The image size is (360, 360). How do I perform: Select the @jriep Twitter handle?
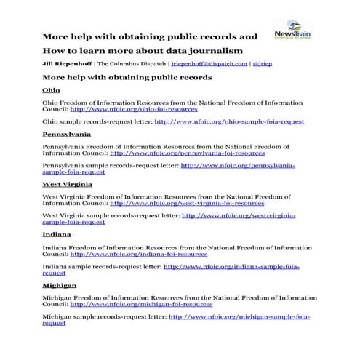262,64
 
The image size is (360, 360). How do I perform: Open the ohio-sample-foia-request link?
229,121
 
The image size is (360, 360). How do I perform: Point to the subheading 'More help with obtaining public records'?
127,76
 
